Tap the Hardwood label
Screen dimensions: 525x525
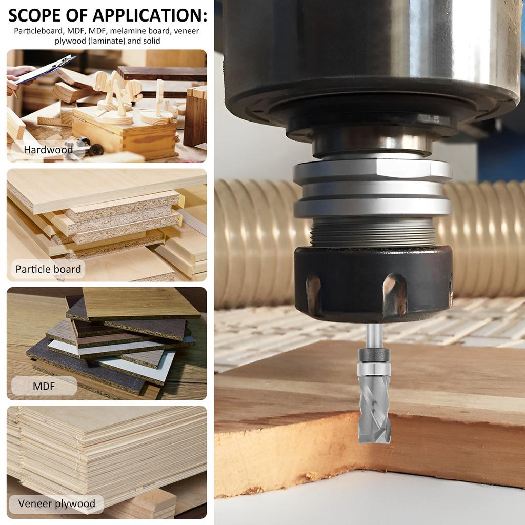click(49, 150)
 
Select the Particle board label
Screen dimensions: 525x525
click(48, 269)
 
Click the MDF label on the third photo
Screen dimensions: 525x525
click(44, 386)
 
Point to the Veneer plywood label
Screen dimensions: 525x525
click(56, 503)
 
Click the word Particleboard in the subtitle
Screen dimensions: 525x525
click(39, 31)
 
